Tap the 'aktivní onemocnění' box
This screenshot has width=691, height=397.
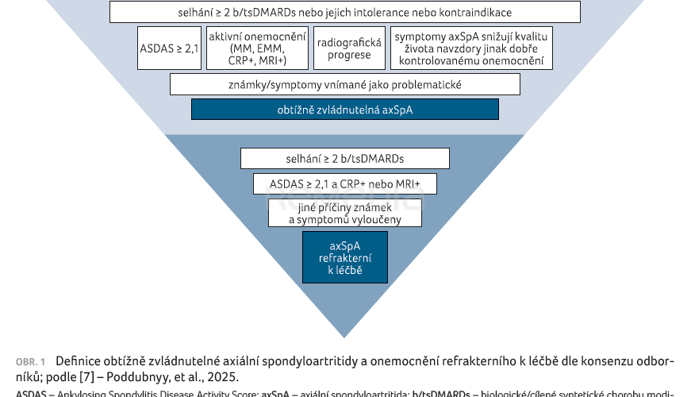click(257, 49)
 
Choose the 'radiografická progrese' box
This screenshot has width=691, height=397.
click(348, 49)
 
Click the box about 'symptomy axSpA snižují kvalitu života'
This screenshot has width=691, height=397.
click(473, 49)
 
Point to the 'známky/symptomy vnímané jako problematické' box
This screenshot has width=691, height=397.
click(344, 84)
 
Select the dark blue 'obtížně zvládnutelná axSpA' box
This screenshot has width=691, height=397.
click(344, 110)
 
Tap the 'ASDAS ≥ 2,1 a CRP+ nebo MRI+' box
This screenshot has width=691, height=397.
click(344, 184)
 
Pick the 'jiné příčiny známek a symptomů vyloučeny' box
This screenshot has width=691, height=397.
click(344, 213)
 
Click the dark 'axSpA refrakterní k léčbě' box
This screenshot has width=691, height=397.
click(344, 257)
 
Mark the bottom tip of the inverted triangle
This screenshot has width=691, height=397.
click(344, 337)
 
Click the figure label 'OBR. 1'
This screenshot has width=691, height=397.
click(30, 362)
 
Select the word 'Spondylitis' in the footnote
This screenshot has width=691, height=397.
click(132, 393)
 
